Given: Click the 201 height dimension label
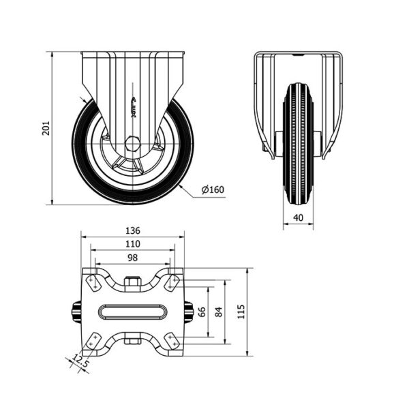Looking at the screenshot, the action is click(46, 128).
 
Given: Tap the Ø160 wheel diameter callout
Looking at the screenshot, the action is click(213, 190).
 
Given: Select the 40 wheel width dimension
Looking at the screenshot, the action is click(299, 217).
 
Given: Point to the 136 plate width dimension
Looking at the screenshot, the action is click(133, 230).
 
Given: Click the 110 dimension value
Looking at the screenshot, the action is click(133, 244).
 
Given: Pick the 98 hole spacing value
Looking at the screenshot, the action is click(132, 258).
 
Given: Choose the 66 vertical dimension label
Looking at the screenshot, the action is click(202, 312).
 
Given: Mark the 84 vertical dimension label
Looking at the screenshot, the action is click(219, 312).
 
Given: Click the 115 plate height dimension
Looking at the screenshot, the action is click(241, 312).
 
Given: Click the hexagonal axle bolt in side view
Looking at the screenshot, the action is click(133, 144).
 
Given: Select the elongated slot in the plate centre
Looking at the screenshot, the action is click(132, 312).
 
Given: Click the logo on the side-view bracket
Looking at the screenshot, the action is click(134, 107).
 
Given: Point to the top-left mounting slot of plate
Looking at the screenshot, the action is click(93, 284).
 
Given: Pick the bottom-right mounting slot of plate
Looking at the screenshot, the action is click(172, 341).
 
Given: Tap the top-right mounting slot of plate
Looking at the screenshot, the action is click(172, 284).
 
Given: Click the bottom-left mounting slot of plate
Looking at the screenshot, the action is click(93, 341).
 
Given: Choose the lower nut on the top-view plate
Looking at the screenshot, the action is click(133, 341).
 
